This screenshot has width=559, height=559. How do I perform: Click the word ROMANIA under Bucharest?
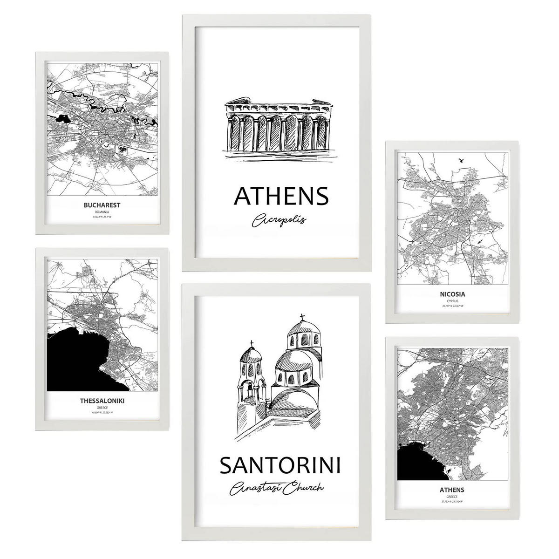[101, 211]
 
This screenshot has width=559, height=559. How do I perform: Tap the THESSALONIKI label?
[102, 400]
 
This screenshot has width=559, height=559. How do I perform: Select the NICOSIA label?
[452, 294]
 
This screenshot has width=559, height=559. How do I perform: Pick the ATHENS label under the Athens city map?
[451, 490]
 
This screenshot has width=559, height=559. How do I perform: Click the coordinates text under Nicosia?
[452, 307]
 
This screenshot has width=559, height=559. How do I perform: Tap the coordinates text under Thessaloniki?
[102, 412]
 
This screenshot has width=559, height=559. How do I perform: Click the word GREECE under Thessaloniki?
[102, 407]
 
